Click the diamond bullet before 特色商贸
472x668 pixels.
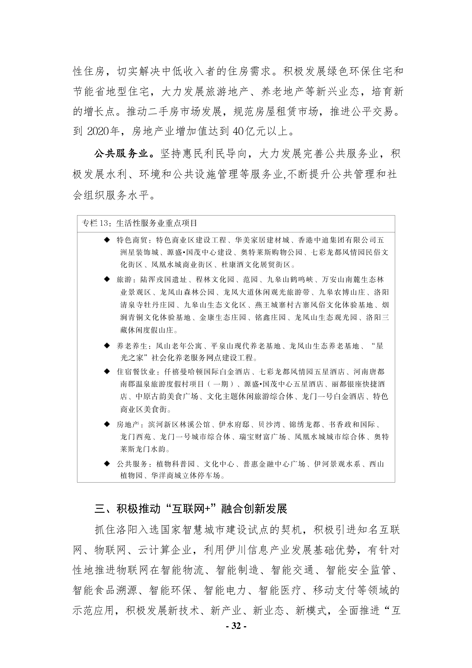pyautogui.click(x=107, y=240)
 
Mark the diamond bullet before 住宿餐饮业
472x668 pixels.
pyautogui.click(x=107, y=371)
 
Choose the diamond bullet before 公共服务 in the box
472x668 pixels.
pyautogui.click(x=107, y=463)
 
